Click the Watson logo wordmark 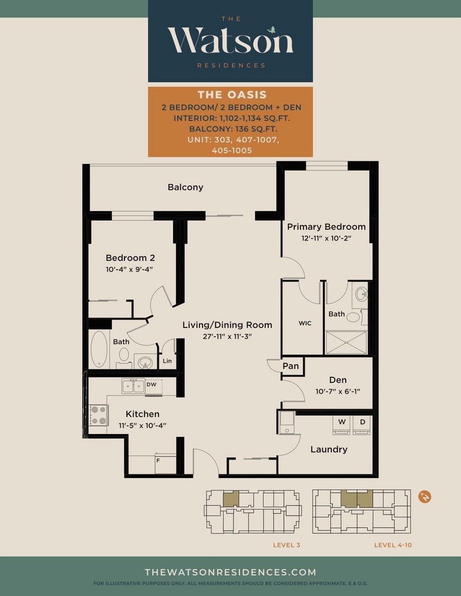(230, 40)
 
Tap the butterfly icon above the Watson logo (271, 29)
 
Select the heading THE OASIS (232, 95)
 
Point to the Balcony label (185, 187)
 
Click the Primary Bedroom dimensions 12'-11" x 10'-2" (326, 239)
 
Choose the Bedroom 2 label (130, 258)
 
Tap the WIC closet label (305, 323)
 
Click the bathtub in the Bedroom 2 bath (99, 349)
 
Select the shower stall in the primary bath (346, 342)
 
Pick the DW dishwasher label (152, 384)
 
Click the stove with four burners (98, 415)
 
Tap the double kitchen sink (133, 386)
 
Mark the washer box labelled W (342, 425)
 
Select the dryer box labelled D (362, 425)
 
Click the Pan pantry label (291, 366)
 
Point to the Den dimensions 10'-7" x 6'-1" (338, 391)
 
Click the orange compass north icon (425, 497)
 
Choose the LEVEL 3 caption (286, 545)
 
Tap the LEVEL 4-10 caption (393, 545)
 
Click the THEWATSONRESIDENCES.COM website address (230, 572)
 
